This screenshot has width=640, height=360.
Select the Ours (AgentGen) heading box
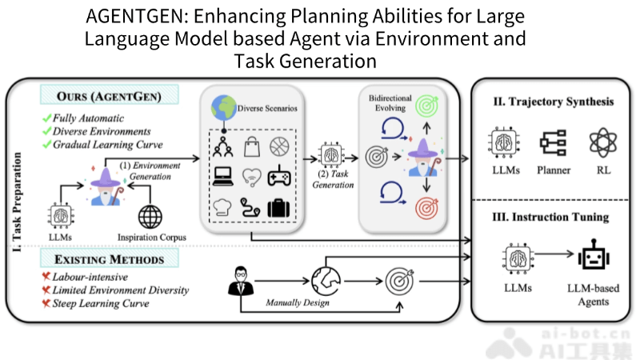[109, 97]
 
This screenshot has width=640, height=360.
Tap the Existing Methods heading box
[109, 259]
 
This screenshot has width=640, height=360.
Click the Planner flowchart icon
[553, 142]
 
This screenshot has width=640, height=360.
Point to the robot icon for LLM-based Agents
[593, 261]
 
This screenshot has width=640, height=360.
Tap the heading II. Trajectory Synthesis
[554, 102]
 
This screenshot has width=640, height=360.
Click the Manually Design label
[296, 302]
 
